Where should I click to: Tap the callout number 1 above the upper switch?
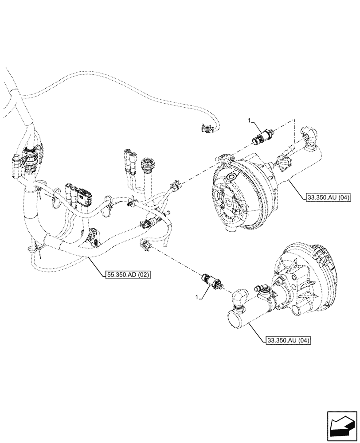click(x=249, y=120)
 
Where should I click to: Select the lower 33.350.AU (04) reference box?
click(x=289, y=341)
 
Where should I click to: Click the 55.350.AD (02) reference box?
click(x=129, y=275)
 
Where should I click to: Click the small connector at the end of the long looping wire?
click(x=207, y=129)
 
